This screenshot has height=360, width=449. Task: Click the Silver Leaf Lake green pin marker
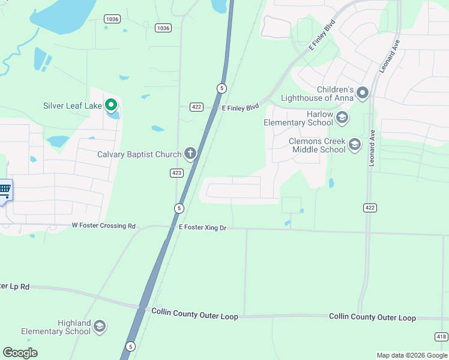[111, 106]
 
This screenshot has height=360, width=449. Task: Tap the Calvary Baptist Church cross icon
[190, 154]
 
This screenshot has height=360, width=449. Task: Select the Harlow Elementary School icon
[342, 117]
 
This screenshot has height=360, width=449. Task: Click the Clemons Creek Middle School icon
[355, 144]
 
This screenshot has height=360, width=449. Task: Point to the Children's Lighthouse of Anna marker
[362, 92]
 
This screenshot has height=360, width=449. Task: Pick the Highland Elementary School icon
[100, 326]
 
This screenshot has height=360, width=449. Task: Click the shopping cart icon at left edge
[5, 190]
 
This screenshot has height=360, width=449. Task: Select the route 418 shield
[441, 337]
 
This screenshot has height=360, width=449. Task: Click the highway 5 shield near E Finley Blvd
[221, 88]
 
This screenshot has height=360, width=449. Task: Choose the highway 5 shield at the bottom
[130, 346]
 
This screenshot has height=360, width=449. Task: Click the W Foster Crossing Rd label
[104, 226]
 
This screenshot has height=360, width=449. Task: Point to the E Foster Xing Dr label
[202, 228]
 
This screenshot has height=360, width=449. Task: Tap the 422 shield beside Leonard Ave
[370, 208]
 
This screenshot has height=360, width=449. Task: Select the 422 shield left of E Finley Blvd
[196, 107]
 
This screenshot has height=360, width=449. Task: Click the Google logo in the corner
[20, 353]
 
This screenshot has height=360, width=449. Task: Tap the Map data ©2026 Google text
[411, 355]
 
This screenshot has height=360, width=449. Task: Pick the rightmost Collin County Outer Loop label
[372, 317]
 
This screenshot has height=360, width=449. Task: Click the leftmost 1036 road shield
[111, 19]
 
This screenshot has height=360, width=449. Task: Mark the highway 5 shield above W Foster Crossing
[178, 208]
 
